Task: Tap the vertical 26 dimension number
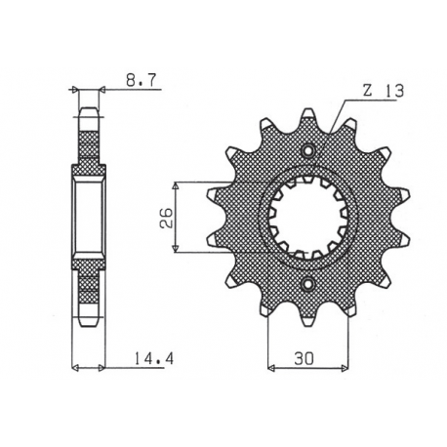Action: pyautogui.click(x=167, y=216)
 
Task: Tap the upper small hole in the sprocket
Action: pyautogui.click(x=309, y=152)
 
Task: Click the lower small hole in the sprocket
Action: pyautogui.click(x=309, y=284)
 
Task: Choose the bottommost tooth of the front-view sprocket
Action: pyautogui.click(x=309, y=319)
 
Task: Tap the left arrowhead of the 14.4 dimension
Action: pyautogui.click(x=78, y=368)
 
